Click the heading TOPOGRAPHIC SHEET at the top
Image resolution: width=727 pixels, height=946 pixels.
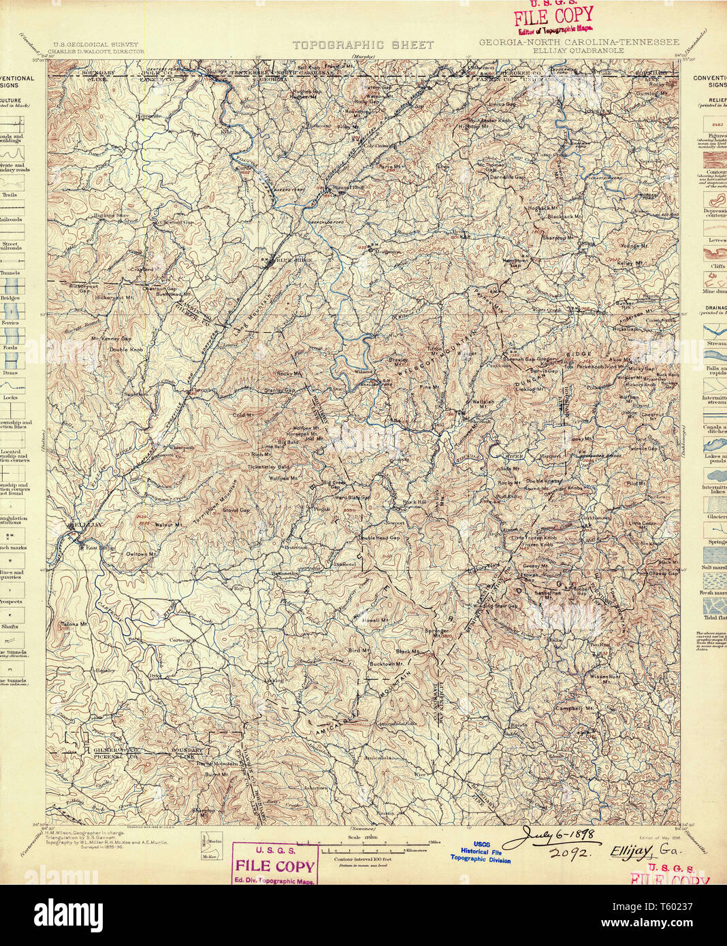tap(363, 45)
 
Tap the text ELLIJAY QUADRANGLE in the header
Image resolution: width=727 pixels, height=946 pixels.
tap(579, 50)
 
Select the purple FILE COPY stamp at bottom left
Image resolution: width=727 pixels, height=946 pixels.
tap(275, 864)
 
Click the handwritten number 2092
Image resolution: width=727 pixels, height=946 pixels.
tap(568, 852)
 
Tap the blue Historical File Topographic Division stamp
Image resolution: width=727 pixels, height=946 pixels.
tap(481, 851)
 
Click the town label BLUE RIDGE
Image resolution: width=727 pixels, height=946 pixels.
tap(286, 259)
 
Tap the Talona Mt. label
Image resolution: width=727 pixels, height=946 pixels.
tap(74, 623)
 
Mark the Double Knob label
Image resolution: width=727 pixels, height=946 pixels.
tap(127, 349)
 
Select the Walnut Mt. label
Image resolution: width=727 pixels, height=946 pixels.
tap(168, 525)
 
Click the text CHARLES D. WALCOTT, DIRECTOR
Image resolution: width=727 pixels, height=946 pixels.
tap(99, 51)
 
